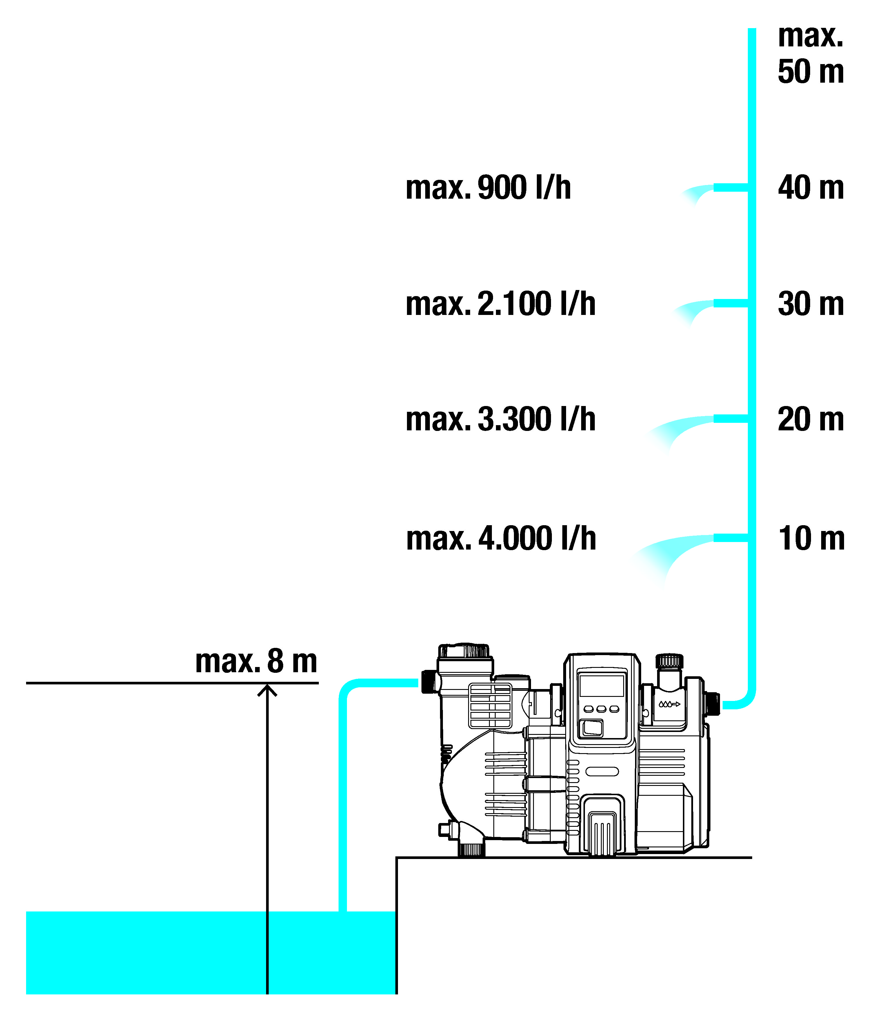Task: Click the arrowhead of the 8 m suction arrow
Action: click(x=267, y=690)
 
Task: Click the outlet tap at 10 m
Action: click(x=730, y=538)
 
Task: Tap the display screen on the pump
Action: click(x=601, y=685)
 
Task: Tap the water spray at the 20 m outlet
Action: click(x=678, y=430)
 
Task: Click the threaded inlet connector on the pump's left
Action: click(x=429, y=682)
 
